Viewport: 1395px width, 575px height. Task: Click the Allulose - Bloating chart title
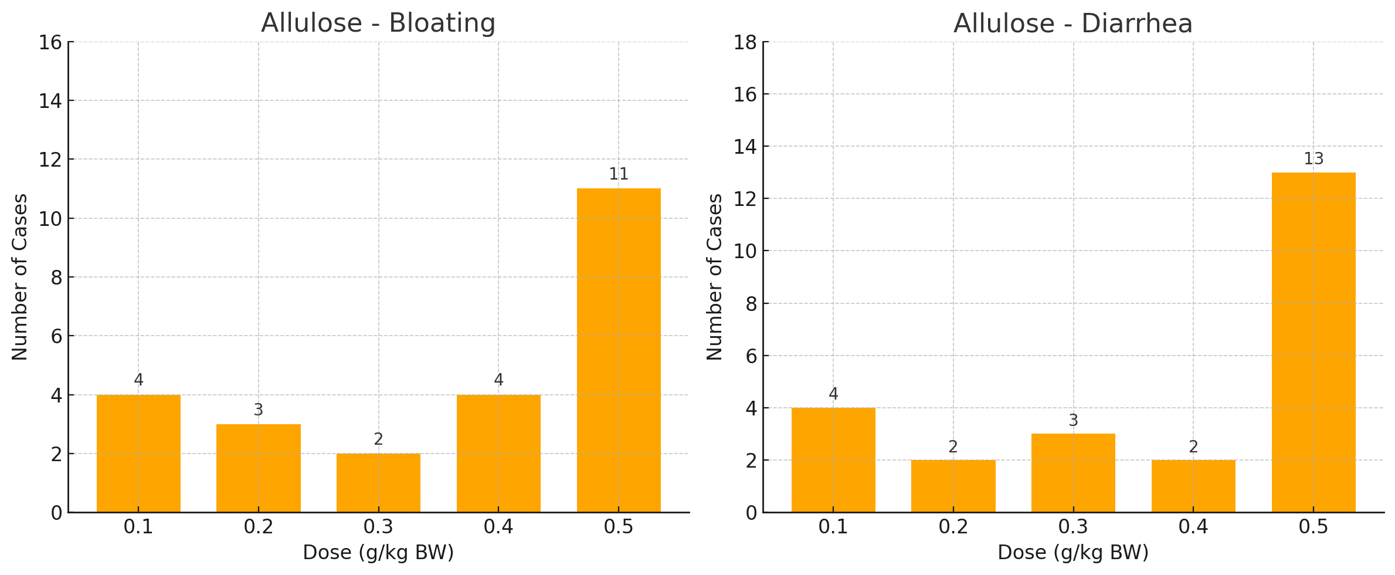(378, 23)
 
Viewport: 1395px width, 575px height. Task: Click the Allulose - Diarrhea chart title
(1072, 24)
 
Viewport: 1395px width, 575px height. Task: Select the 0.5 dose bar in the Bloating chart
(619, 350)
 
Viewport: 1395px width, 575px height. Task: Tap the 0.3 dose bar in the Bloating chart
(378, 483)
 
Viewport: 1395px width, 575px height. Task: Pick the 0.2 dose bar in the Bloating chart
(258, 468)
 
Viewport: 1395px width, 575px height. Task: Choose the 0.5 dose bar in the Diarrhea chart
(1313, 342)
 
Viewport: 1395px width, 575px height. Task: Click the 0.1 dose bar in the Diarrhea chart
(833, 460)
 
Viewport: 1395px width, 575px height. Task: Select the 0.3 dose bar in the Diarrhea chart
(1073, 473)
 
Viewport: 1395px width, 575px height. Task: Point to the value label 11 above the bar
(619, 174)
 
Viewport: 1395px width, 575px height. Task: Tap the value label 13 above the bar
(1313, 159)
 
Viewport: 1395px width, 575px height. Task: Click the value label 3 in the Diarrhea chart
(1073, 421)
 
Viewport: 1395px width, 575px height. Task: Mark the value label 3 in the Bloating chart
(258, 410)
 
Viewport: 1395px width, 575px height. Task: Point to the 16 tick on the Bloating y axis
(50, 42)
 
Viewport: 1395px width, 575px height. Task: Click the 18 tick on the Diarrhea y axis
(745, 42)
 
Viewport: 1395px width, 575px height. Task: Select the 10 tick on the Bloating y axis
(50, 219)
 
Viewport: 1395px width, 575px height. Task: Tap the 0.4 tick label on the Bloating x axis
(498, 527)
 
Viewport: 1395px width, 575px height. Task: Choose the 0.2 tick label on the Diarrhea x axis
(953, 527)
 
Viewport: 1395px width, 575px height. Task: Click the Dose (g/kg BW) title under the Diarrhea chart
(1072, 553)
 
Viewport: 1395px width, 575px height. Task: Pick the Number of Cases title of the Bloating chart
(20, 277)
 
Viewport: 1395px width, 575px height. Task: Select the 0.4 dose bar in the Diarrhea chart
(1193, 486)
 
